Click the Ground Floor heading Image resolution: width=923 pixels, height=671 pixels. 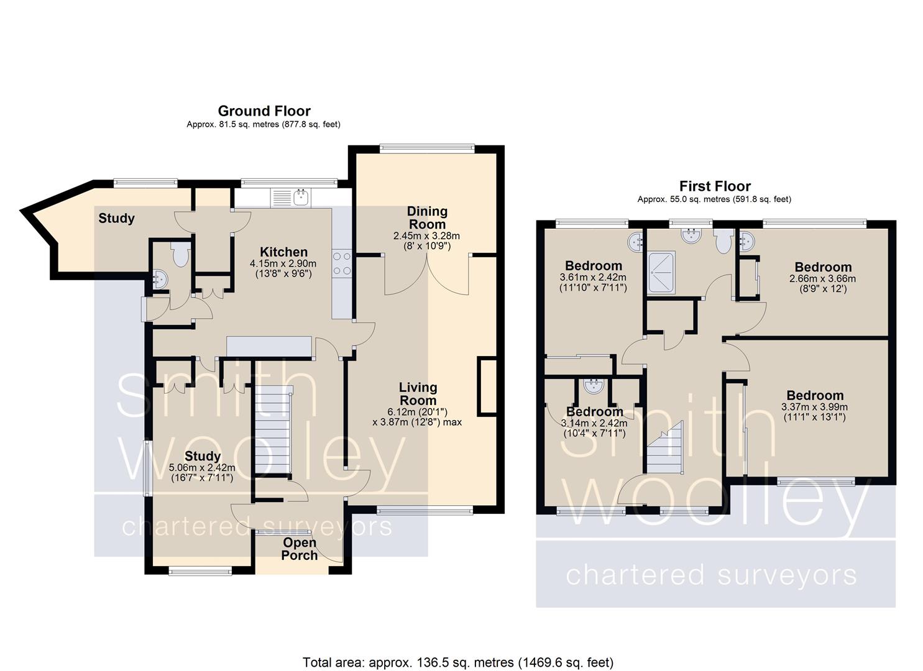click(x=264, y=111)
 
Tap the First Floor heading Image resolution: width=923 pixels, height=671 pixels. click(x=715, y=186)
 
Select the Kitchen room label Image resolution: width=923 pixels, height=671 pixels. click(x=283, y=252)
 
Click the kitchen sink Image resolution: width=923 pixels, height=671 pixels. click(x=302, y=198)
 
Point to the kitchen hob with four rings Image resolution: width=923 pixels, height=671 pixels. click(x=342, y=263)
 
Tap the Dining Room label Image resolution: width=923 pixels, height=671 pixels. click(x=427, y=217)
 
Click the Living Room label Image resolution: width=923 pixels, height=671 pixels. click(x=418, y=394)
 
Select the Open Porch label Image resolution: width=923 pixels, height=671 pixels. click(x=300, y=549)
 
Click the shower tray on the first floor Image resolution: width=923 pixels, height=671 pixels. click(x=661, y=273)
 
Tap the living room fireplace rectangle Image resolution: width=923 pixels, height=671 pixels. click(x=487, y=387)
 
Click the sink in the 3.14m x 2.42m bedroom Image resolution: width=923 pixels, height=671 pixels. click(x=594, y=386)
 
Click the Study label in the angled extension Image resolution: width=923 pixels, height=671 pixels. click(x=116, y=218)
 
